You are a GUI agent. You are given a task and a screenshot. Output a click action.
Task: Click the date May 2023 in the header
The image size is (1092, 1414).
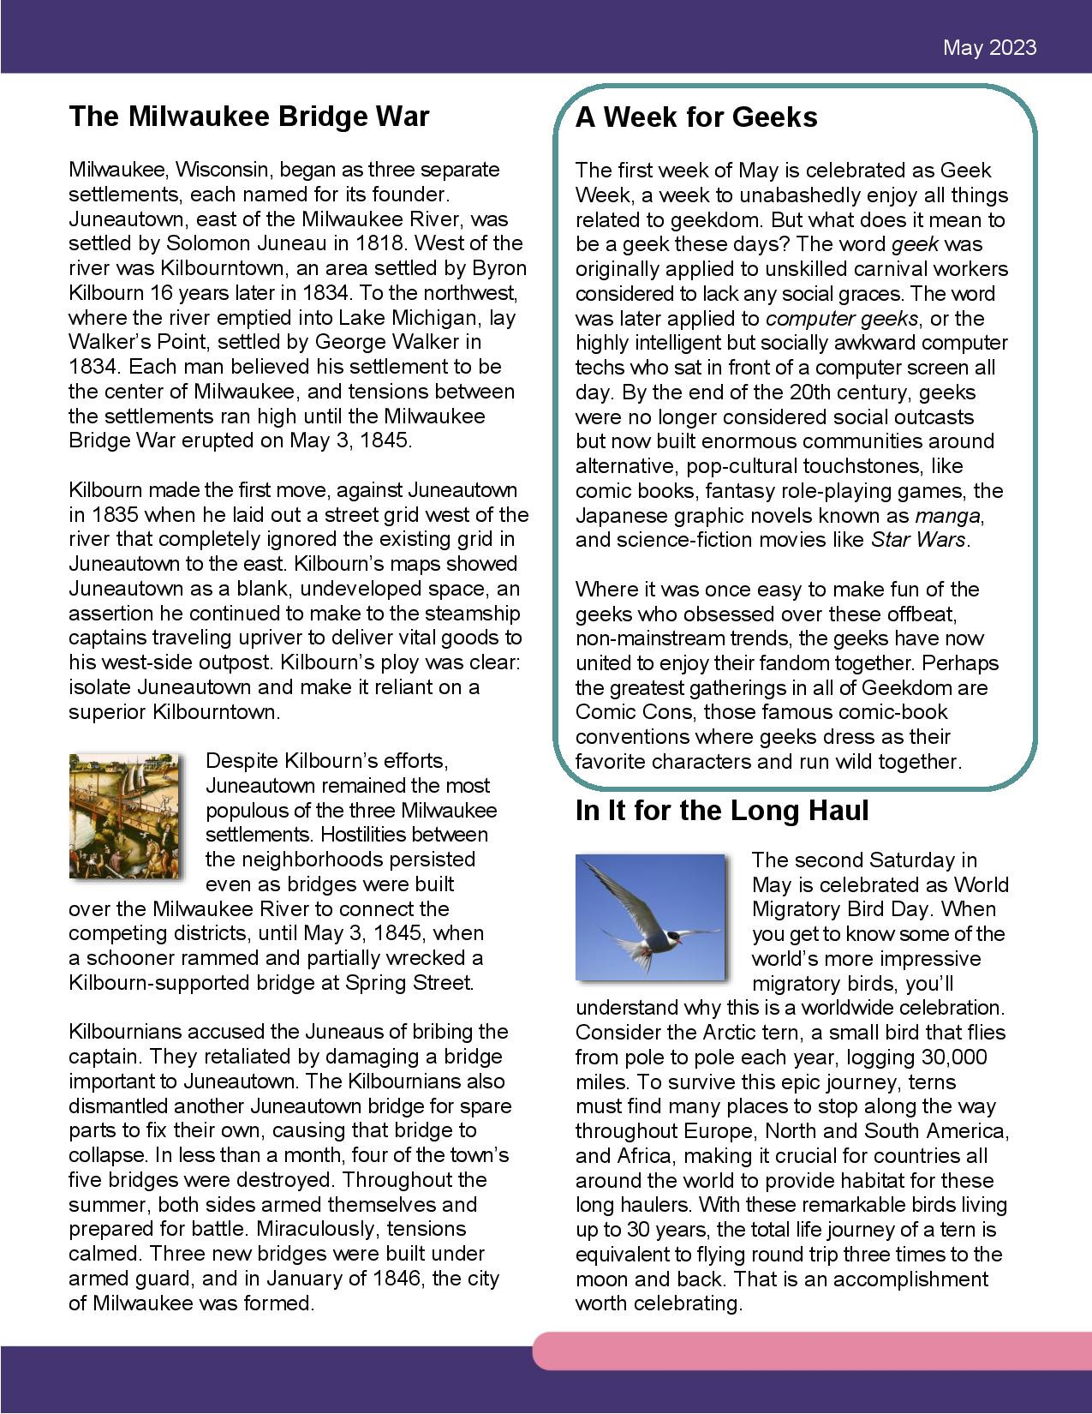pyautogui.click(x=989, y=47)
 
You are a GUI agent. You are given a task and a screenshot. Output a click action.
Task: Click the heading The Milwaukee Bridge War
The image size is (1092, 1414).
pyautogui.click(x=248, y=116)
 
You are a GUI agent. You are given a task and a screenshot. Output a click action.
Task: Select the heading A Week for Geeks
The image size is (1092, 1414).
pyautogui.click(x=695, y=117)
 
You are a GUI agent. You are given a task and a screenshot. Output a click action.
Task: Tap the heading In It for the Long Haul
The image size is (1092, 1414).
pyautogui.click(x=722, y=811)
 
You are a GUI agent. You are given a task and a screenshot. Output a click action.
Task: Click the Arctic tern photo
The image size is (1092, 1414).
pyautogui.click(x=650, y=915)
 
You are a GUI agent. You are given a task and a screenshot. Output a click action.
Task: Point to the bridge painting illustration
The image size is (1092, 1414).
pyautogui.click(x=126, y=815)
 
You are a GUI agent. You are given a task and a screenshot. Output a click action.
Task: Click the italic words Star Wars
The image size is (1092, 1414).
pyautogui.click(x=918, y=540)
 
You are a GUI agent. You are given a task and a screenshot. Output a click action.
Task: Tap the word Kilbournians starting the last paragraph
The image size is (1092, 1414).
pyautogui.click(x=127, y=1032)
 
